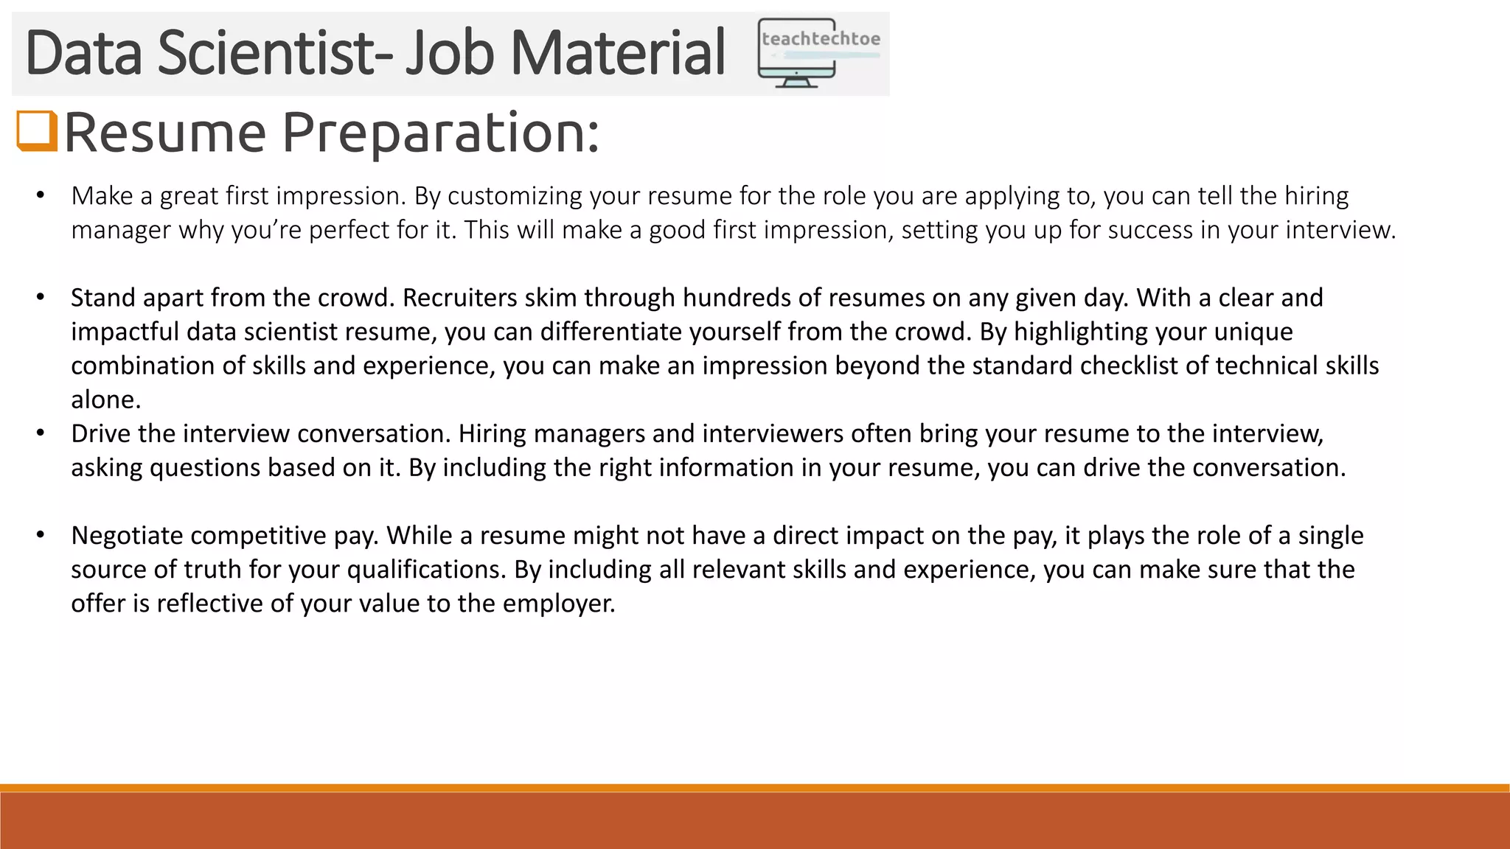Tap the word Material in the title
coord(618,53)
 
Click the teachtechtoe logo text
coord(821,39)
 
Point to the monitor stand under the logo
coord(796,81)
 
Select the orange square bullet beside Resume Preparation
coord(36,131)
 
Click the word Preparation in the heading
coord(440,133)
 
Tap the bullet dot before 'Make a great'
coord(41,196)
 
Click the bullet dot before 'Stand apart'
coord(41,298)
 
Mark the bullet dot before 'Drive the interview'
coord(41,433)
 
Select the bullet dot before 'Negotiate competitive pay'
coord(41,535)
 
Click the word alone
coord(105,399)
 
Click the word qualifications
coord(425,569)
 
